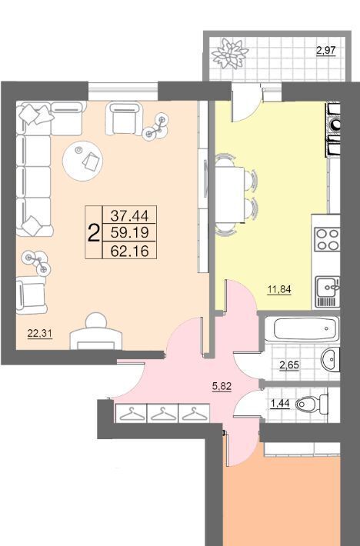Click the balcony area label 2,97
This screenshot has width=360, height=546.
[x=325, y=51]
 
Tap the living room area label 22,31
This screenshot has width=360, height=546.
[x=40, y=334]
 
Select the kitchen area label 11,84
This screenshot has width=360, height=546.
[x=279, y=289]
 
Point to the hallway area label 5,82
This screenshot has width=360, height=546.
[x=222, y=386]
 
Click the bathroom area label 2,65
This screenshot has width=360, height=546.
[x=289, y=365]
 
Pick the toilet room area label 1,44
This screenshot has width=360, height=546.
[x=280, y=404]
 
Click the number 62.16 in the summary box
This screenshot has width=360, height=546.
[x=129, y=251]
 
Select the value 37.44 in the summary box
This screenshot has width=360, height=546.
[x=129, y=216]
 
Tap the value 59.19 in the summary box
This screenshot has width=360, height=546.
[x=129, y=232]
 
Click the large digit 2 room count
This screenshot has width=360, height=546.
[x=93, y=233]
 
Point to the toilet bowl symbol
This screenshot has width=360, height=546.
[x=312, y=404]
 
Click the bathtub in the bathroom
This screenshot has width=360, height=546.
[x=302, y=328]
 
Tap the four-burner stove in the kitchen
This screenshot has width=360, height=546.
[x=327, y=239]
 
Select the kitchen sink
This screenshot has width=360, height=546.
[x=327, y=291]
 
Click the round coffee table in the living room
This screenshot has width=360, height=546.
[x=82, y=161]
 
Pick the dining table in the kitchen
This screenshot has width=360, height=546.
[x=229, y=195]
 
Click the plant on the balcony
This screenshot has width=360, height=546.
[x=230, y=54]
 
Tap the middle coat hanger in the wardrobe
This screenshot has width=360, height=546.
[x=162, y=413]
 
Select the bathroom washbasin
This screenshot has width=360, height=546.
[x=330, y=358]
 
